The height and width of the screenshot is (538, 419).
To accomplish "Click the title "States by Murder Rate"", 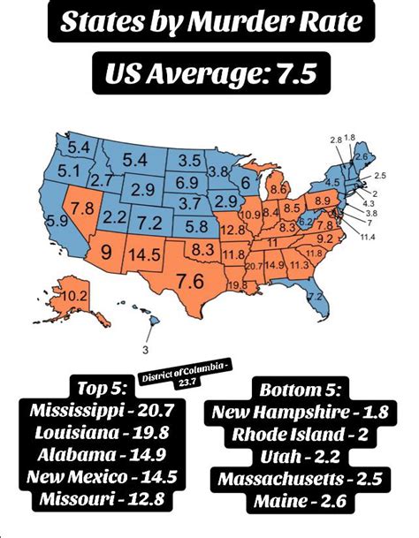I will point(209,24).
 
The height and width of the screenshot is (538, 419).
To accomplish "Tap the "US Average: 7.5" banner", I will point(210,74).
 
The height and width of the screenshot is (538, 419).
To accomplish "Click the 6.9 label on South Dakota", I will point(186,182).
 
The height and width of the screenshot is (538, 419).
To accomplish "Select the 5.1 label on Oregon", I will point(45,170).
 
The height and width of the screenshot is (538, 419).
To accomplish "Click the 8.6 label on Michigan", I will point(277,188).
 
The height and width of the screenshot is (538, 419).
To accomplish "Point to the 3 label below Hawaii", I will point(144,347).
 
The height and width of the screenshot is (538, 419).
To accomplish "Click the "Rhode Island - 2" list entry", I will point(301,433).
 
